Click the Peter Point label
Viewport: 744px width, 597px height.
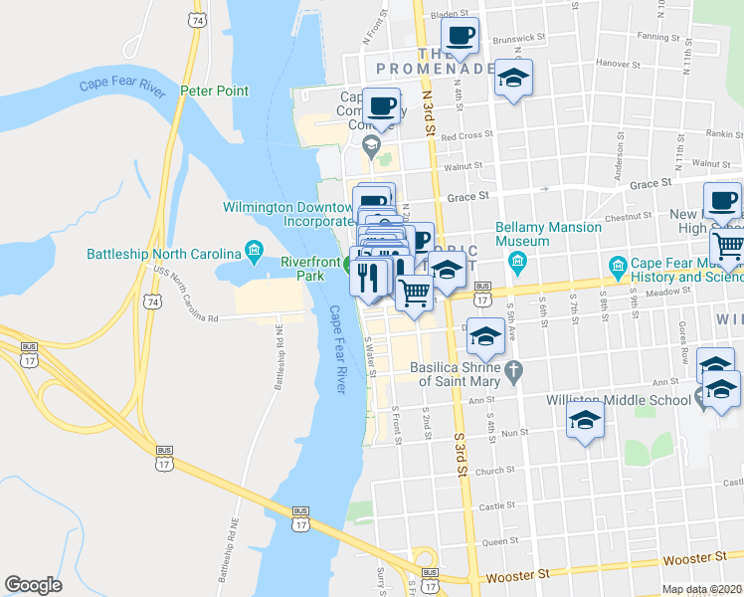[x=214, y=91]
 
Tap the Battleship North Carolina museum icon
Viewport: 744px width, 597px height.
[x=255, y=249]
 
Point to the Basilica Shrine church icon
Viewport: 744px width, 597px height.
[x=513, y=373]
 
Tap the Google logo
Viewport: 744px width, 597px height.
[x=33, y=585]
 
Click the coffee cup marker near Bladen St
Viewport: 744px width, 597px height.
[x=460, y=38]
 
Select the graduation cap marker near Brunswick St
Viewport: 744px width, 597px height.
[x=513, y=80]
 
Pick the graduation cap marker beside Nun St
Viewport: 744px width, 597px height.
[x=586, y=422]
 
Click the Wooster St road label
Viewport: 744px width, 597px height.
[x=517, y=575]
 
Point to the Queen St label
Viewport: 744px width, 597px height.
[x=495, y=543]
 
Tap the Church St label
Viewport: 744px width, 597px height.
[x=493, y=471]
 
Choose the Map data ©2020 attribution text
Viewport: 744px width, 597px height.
[x=702, y=589]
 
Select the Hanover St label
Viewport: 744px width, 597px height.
[x=619, y=63]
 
